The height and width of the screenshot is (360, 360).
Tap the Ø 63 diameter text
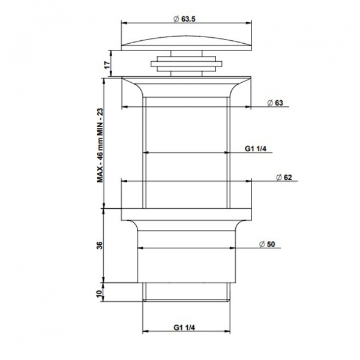[275, 103]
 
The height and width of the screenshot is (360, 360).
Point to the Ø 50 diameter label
[268, 244]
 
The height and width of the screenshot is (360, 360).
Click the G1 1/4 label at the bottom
[186, 327]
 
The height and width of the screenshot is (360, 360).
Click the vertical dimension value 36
[100, 245]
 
